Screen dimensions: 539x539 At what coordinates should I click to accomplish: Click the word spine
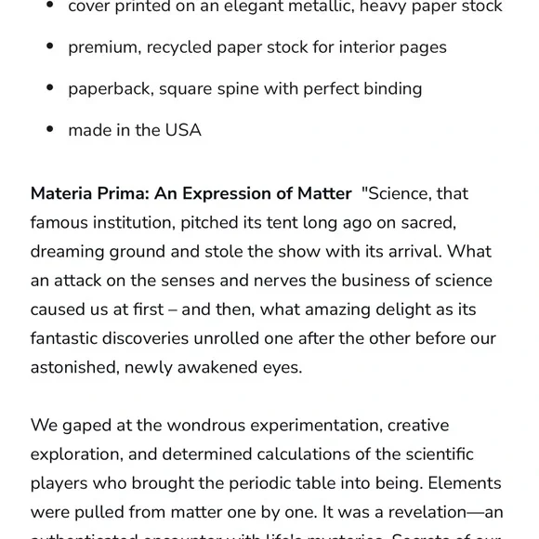coord(245,89)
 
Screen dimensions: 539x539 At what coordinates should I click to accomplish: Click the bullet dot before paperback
coord(50,89)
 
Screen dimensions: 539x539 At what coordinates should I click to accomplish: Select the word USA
coord(183,131)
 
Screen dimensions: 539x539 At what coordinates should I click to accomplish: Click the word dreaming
coord(69,252)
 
